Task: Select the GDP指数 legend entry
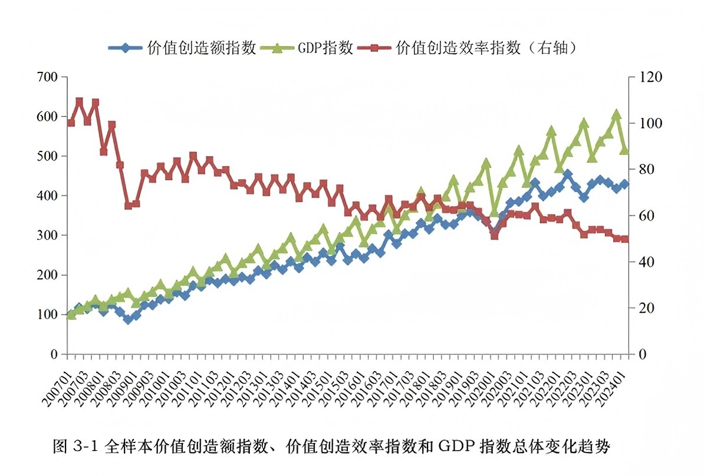pyautogui.click(x=325, y=48)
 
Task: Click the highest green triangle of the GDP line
pyautogui.click(x=617, y=114)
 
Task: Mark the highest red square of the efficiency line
pyautogui.click(x=79, y=101)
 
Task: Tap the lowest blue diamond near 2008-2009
pyautogui.click(x=128, y=319)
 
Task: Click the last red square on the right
pyautogui.click(x=625, y=239)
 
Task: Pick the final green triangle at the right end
pyautogui.click(x=625, y=150)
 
